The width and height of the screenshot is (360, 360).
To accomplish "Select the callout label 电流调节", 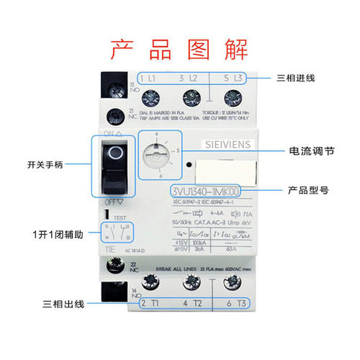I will [310, 152].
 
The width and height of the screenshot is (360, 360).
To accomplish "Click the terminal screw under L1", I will [152, 97].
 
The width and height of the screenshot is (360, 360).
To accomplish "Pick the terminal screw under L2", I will [190, 97].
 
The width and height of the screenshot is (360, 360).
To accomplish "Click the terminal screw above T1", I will [153, 283].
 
